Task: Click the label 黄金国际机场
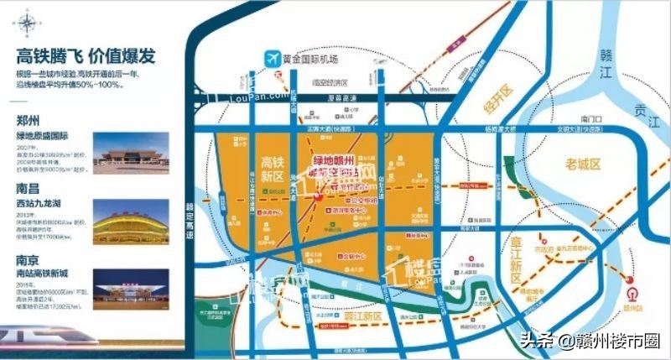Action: [x=311, y=60]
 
